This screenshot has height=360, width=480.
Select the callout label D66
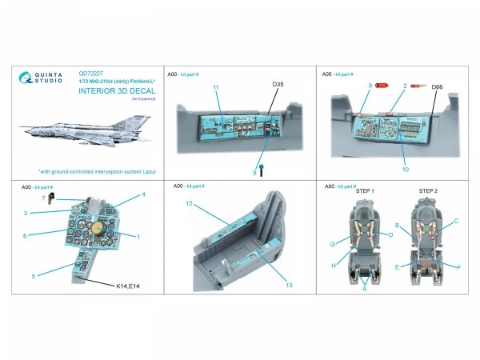[437, 86]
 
